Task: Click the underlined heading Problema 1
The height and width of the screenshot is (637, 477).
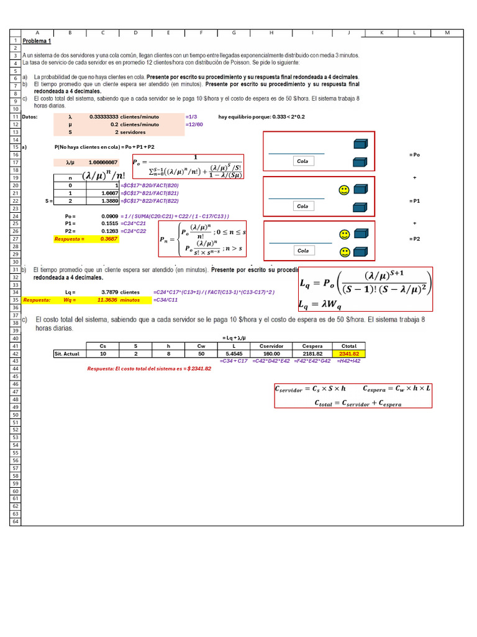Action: [x=37, y=41]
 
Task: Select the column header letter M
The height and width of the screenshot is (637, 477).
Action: [x=448, y=32]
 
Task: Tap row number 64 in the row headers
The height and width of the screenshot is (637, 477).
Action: [x=15, y=521]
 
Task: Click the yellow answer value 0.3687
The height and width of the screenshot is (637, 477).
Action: [x=109, y=239]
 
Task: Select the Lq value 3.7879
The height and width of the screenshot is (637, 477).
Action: [x=109, y=292]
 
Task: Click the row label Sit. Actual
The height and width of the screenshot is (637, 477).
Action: [x=69, y=353]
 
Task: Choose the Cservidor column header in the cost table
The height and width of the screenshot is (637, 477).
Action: [x=271, y=346]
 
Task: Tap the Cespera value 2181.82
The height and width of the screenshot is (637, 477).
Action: [x=312, y=353]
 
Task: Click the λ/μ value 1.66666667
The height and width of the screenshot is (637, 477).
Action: [x=102, y=162]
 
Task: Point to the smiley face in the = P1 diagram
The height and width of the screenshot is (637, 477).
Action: [x=343, y=190]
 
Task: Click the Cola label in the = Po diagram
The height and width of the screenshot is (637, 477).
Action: [x=302, y=161]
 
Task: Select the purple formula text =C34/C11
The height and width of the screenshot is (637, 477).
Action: [x=165, y=300]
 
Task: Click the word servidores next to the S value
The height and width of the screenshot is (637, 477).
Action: [x=133, y=133]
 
